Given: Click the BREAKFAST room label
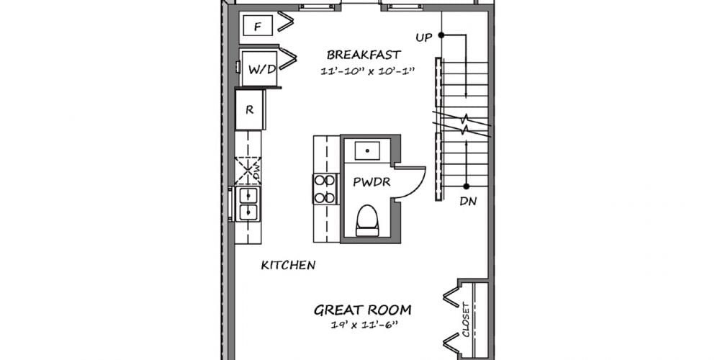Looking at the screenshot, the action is point(364,55).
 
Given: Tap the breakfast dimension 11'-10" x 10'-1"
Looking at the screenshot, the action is point(368,71).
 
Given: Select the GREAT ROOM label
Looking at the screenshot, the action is point(362,310).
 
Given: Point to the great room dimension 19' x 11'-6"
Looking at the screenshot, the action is point(364,325).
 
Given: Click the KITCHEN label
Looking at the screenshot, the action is point(289,265).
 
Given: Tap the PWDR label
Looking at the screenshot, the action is point(372,182).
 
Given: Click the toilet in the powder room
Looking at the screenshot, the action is point(367,220).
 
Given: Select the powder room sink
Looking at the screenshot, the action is point(367,150).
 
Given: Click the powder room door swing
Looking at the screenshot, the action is point(410,184).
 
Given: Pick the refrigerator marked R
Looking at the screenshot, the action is point(250,109).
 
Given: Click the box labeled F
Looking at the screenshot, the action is point(258,25).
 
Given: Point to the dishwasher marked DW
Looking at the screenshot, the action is point(248,171).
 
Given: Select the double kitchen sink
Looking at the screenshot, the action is point(248,204).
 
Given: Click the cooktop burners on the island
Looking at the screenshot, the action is point(325,189).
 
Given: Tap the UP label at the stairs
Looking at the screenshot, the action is point(424,38).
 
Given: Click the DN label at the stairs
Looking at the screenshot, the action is point(468,202).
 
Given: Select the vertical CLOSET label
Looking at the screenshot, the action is point(466,319).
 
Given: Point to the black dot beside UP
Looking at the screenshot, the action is point(441,35).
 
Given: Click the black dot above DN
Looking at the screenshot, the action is point(466,186).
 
